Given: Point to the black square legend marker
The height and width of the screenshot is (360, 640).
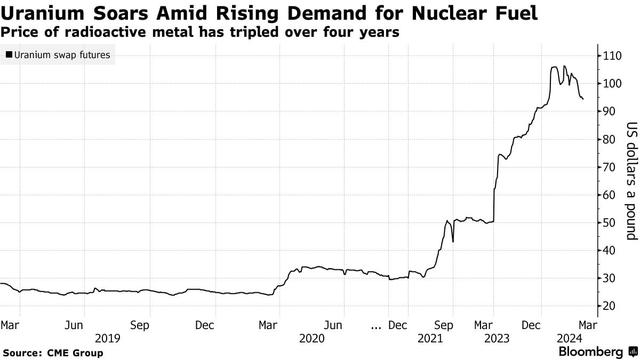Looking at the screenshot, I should coord(9,54).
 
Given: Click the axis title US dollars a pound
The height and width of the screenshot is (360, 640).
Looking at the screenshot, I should coord(631,181).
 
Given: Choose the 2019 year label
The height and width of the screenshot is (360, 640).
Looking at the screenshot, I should coord(107,338).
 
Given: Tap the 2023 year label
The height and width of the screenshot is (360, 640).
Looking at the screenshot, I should coord(497,338).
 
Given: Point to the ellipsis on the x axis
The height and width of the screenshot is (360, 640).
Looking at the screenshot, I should coord(376,325).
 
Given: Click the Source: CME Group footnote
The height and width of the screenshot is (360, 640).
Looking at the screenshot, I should coord(53,353).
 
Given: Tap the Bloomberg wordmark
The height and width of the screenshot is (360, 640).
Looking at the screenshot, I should coord(590,352).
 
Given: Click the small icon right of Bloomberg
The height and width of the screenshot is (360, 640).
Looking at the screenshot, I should coord(633,352).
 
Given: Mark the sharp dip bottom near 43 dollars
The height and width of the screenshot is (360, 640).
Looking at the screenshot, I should coord(453,242).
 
